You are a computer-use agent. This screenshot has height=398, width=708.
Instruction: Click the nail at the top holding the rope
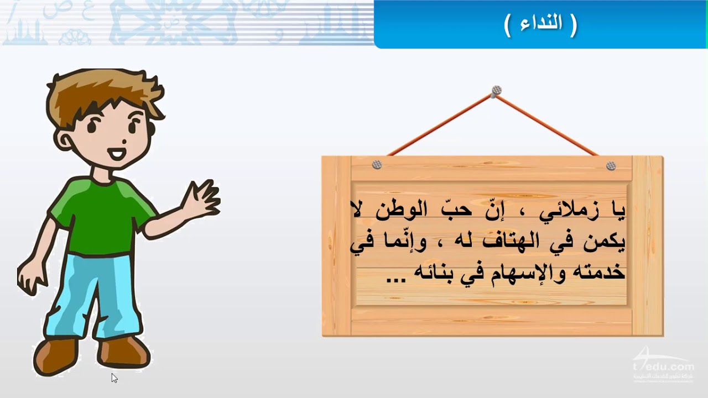(496, 91)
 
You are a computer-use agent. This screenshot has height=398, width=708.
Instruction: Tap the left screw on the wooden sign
(377, 165)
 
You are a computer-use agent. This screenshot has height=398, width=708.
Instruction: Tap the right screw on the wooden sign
(611, 165)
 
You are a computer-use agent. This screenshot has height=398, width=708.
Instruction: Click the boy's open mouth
(116, 154)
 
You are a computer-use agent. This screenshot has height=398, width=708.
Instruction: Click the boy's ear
(66, 141)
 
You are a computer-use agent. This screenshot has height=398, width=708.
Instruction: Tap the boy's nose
(124, 142)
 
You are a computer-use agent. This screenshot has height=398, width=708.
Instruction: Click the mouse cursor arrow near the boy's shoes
(114, 378)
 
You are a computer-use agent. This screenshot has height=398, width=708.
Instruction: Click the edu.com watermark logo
(663, 366)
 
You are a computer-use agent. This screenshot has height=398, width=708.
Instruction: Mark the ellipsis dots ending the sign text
(396, 280)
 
